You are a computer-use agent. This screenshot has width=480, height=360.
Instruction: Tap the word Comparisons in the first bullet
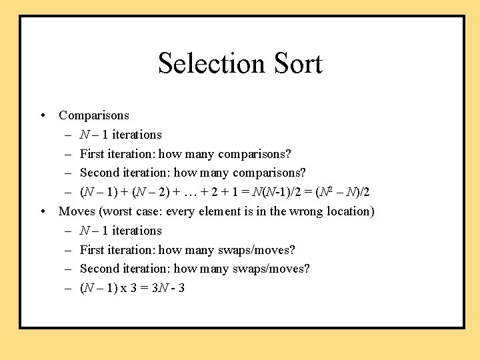coord(94,115)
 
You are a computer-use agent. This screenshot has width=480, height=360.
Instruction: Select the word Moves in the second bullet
coord(75,211)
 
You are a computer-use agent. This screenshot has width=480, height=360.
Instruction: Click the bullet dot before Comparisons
coord(43,115)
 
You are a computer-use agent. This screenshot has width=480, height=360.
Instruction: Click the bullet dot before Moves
coord(43,211)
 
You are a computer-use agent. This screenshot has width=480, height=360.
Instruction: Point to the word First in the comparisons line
coord(92,154)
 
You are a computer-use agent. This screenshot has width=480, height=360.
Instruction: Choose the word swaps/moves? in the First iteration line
coord(256,250)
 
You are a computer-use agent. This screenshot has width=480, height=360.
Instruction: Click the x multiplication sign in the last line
coord(125,288)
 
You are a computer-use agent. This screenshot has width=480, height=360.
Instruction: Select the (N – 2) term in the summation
coord(154,192)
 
